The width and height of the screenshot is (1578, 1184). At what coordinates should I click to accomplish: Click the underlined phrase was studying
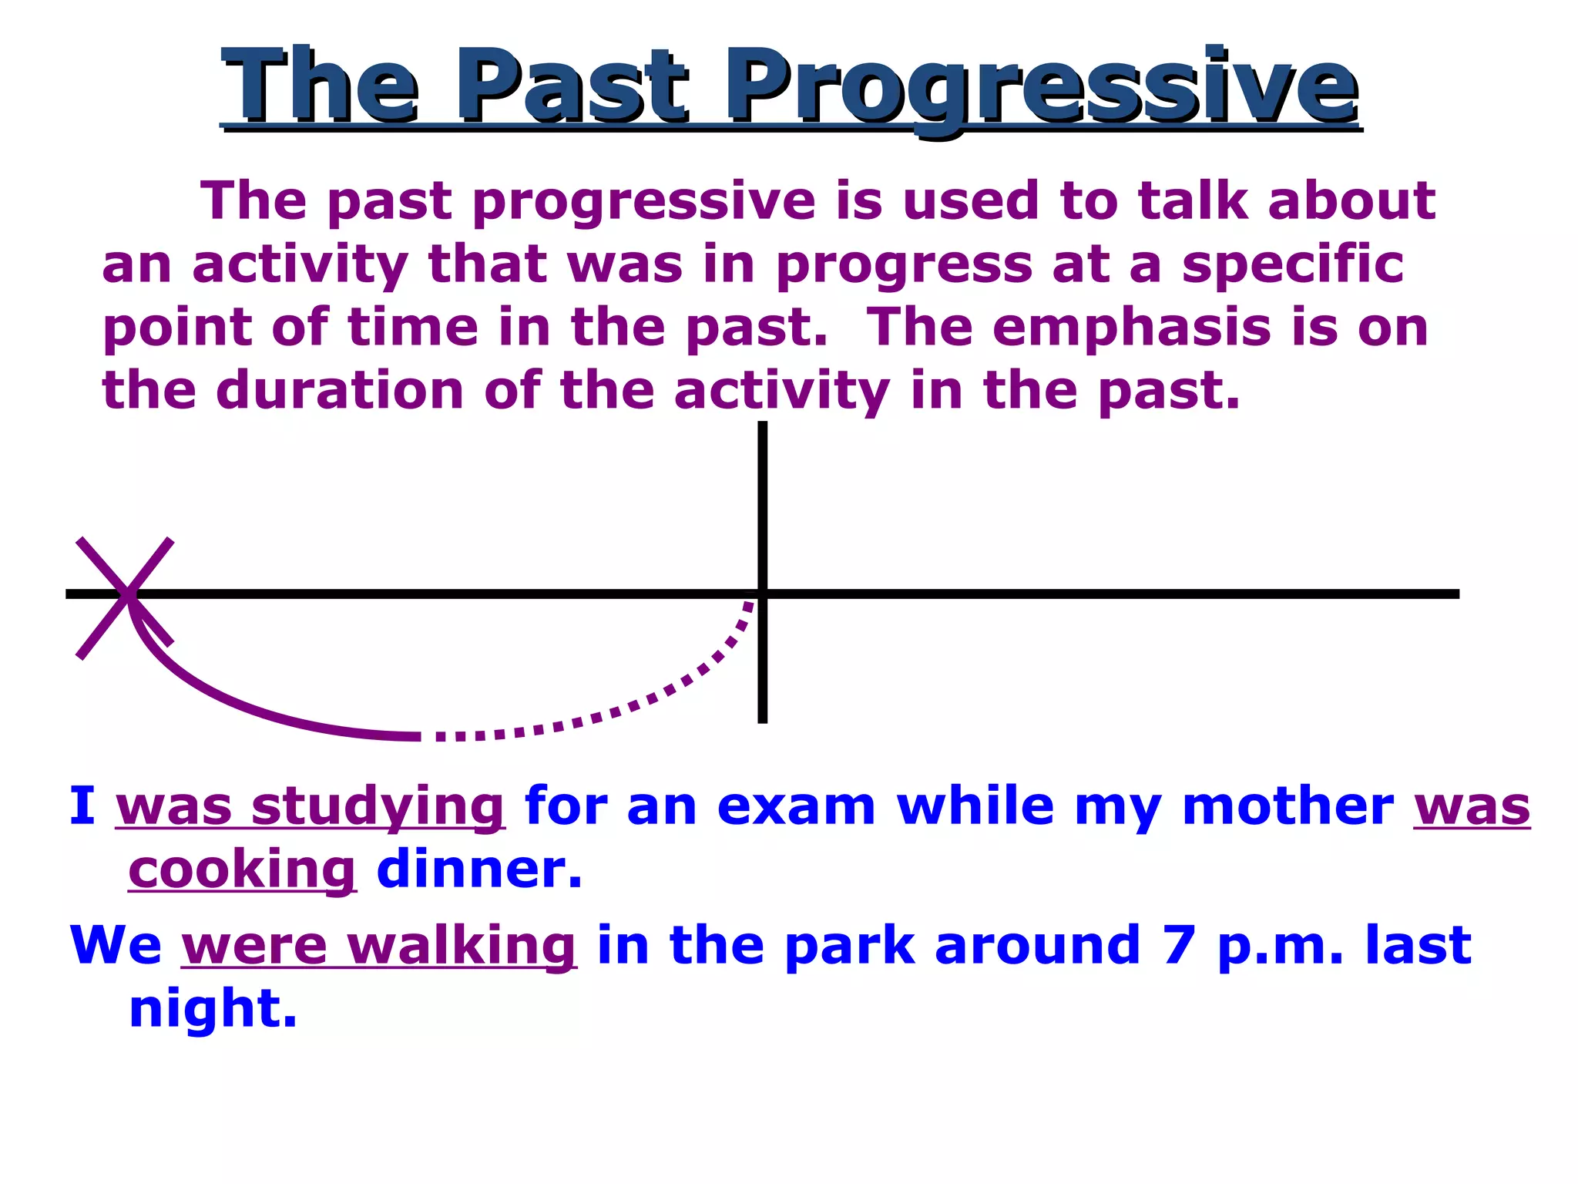click(x=310, y=807)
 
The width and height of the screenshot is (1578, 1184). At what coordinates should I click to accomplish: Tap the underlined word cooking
click(x=242, y=870)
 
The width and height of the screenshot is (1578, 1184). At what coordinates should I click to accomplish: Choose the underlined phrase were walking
click(x=378, y=946)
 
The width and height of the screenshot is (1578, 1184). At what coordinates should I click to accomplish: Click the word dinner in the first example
click(x=478, y=869)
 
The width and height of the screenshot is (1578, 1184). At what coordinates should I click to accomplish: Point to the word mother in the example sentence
click(x=1288, y=807)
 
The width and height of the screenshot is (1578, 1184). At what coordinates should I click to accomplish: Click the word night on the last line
click(x=213, y=1010)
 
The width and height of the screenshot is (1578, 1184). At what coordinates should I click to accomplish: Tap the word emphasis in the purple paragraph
click(x=1131, y=328)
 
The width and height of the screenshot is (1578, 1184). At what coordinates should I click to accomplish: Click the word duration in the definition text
click(x=340, y=391)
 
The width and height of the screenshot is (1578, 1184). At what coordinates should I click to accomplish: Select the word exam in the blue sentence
click(x=796, y=807)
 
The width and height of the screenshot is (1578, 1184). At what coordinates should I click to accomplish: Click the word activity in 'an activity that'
click(x=300, y=266)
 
